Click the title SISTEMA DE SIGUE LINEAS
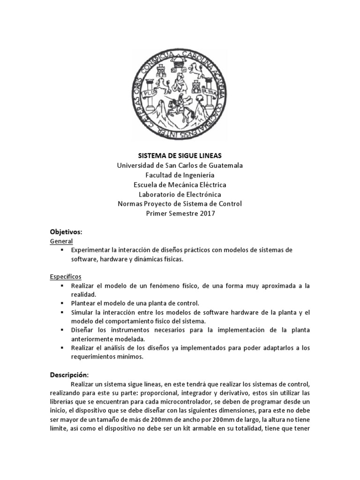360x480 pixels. [x=180, y=156]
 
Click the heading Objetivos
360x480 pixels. [x=66, y=232]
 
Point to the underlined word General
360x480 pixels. [x=61, y=241]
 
